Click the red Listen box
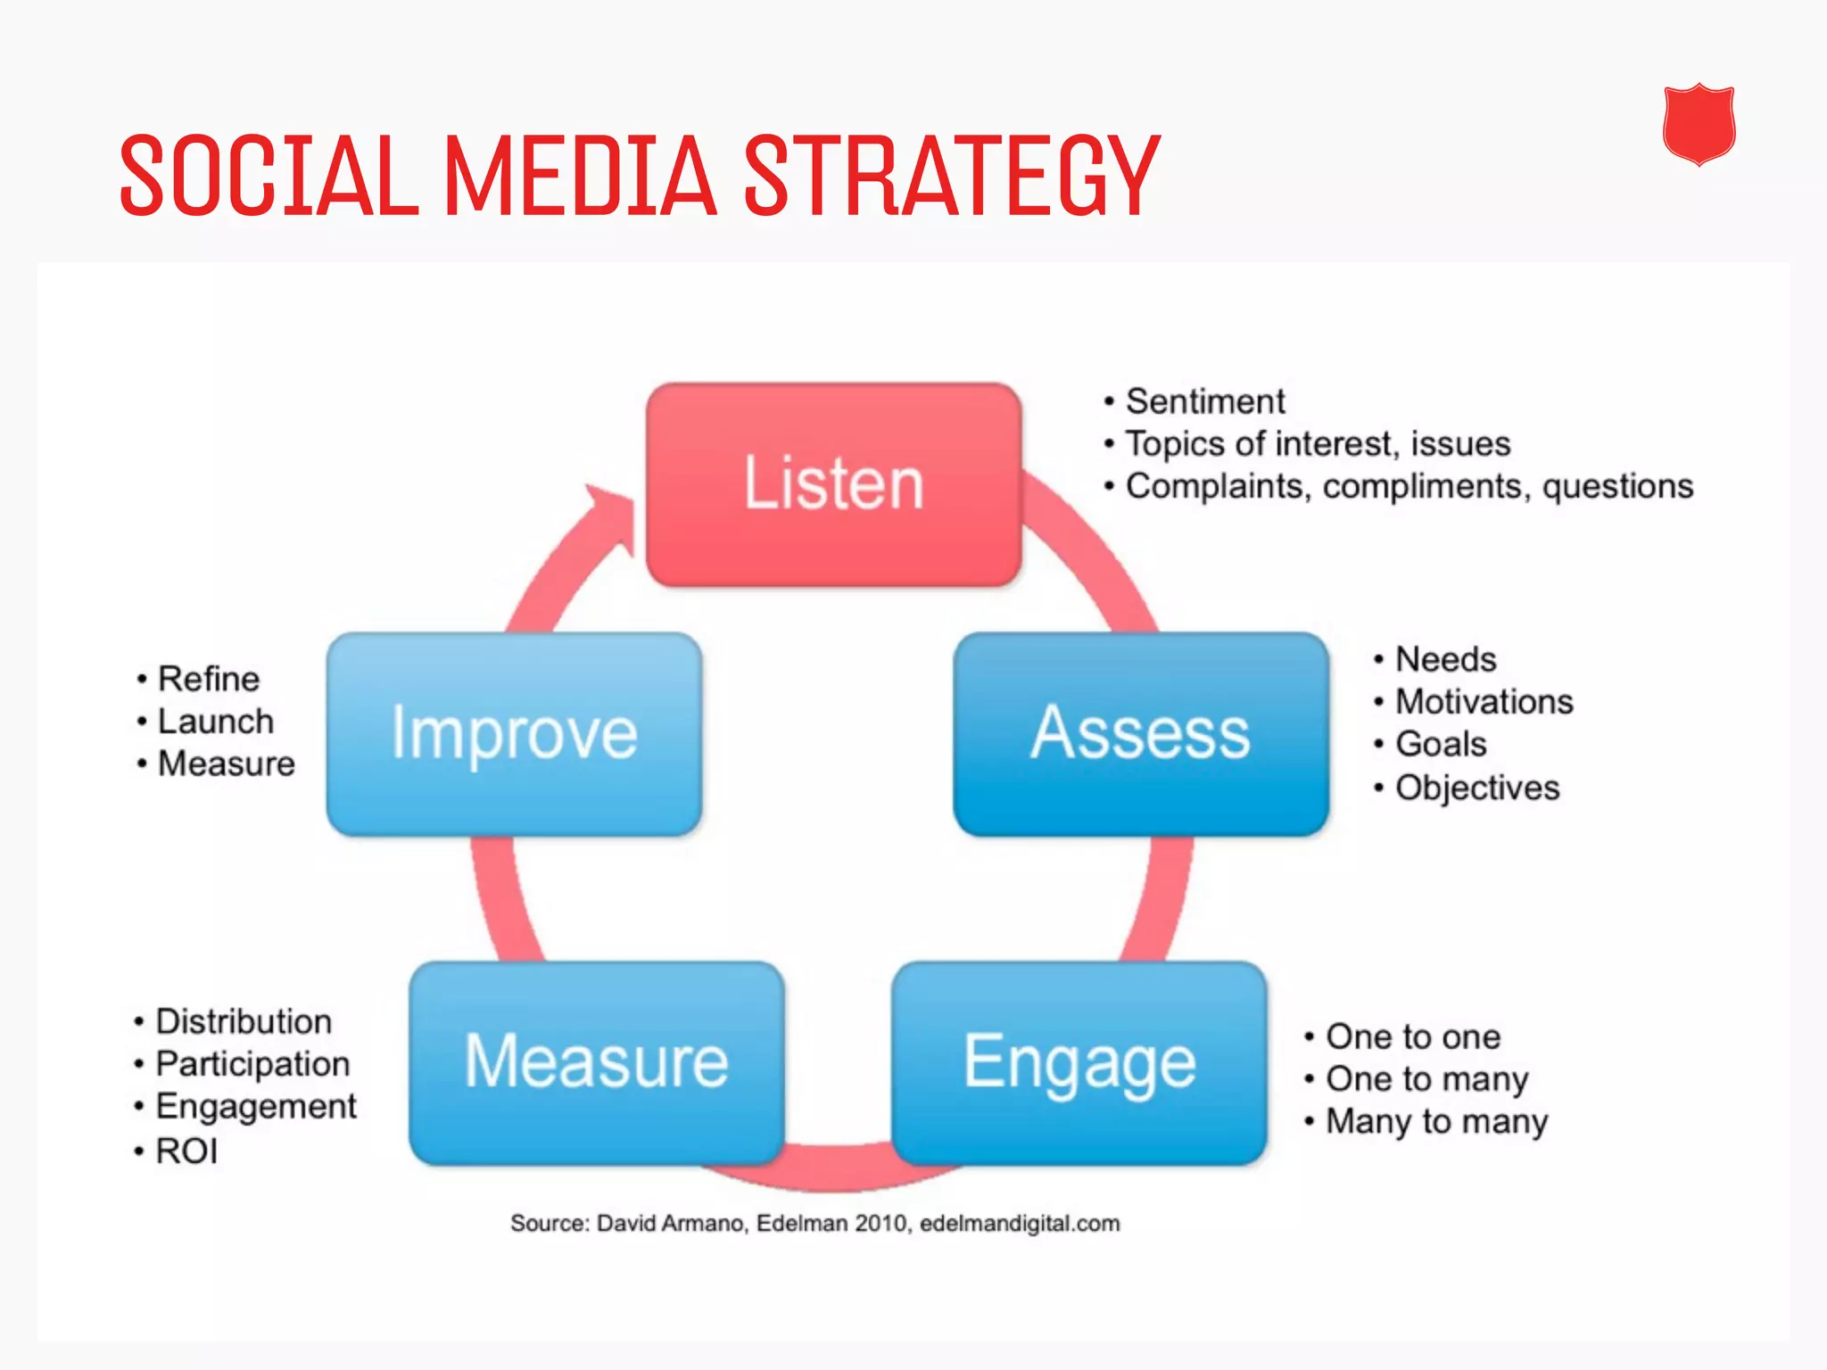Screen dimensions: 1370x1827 (x=833, y=484)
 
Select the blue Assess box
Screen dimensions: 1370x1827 (x=1140, y=733)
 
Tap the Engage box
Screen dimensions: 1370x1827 (x=1079, y=1062)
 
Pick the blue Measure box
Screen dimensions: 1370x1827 (x=596, y=1062)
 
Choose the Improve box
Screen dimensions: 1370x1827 (x=514, y=733)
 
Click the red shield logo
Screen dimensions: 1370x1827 (x=1699, y=125)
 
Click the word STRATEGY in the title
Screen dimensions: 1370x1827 (x=951, y=176)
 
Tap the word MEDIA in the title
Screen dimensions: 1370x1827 (x=580, y=176)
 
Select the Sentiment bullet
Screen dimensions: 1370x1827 (x=1204, y=401)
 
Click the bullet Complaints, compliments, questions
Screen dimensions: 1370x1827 (x=1408, y=486)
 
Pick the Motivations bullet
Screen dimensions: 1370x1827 (x=1483, y=702)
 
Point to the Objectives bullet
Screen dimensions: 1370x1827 (x=1476, y=788)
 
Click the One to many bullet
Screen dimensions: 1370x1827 (x=1426, y=1079)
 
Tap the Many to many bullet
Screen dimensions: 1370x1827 (x=1435, y=1122)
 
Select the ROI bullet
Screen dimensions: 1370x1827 (x=186, y=1151)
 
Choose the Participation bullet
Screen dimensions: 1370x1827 (x=252, y=1064)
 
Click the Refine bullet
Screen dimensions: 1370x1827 (x=208, y=679)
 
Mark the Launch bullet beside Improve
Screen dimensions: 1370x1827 (x=215, y=722)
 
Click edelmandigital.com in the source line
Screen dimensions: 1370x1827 (x=1019, y=1223)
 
